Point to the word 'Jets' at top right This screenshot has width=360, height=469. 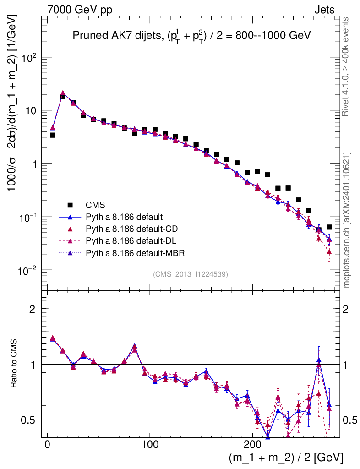324,10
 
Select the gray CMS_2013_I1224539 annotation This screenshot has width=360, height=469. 191,274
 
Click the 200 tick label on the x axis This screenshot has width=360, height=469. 252,445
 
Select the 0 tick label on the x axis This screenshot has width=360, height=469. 47,445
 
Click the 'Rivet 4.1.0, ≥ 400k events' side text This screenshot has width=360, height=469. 347,66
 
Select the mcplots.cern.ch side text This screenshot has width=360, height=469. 347,220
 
